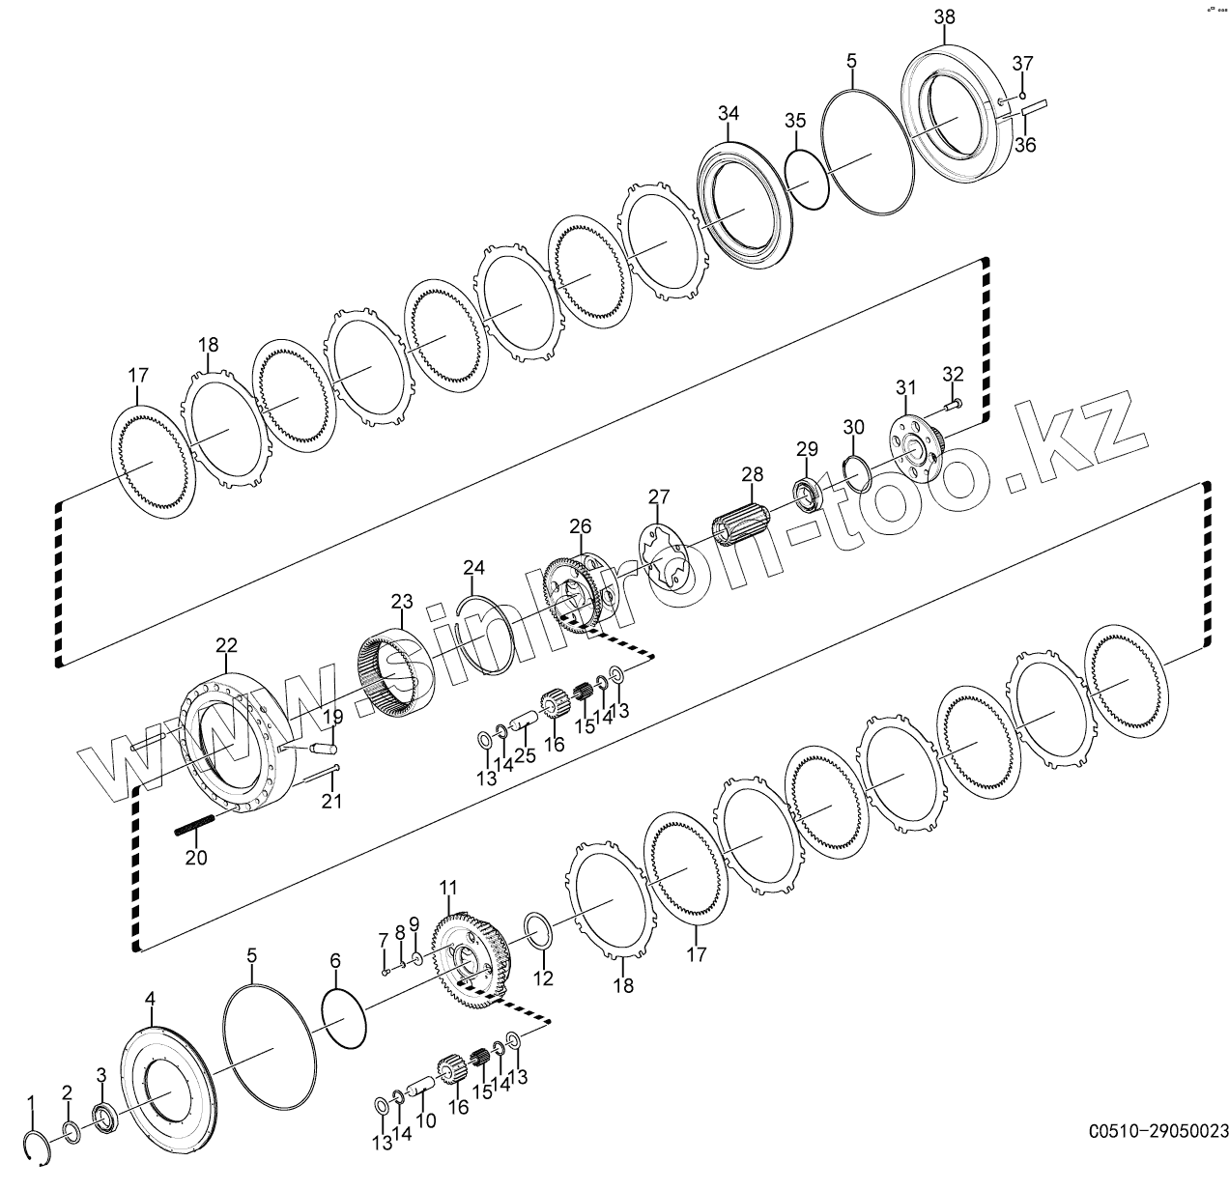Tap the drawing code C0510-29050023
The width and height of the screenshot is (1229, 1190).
pos(1158,1131)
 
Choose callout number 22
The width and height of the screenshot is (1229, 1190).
pos(226,644)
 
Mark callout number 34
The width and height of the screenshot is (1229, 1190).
pos(728,113)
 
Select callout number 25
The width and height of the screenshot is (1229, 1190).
pos(525,756)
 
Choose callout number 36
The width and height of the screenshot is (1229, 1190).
pos(1024,145)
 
